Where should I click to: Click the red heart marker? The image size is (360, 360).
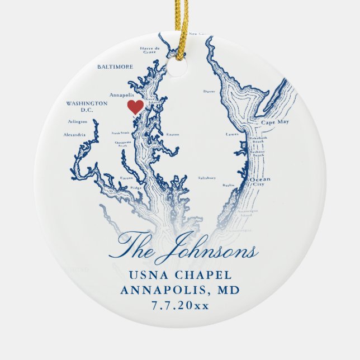[x=135, y=107]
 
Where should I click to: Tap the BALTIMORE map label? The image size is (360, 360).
[x=115, y=67]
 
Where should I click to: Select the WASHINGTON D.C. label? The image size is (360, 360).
[x=86, y=106]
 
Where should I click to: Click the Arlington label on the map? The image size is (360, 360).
[x=77, y=121]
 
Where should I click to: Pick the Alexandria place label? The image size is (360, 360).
[x=74, y=135]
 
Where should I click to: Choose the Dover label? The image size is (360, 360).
[x=209, y=91]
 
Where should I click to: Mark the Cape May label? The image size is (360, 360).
[x=275, y=121]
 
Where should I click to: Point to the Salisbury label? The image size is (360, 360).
[x=207, y=177]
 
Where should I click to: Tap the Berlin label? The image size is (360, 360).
[x=228, y=184]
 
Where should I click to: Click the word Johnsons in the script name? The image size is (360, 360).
[x=205, y=251]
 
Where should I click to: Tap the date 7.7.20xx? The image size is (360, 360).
[x=180, y=306]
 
